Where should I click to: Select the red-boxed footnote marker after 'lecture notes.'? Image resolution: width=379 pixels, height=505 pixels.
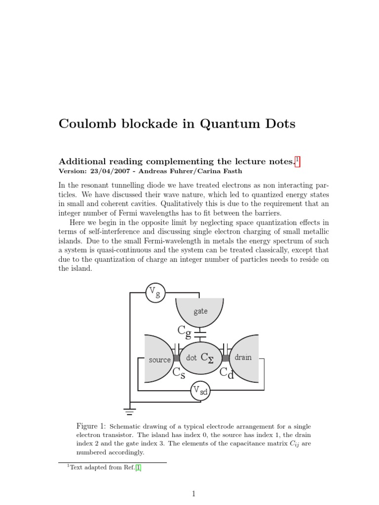(298, 161)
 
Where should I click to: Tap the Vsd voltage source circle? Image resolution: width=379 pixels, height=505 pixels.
(200, 391)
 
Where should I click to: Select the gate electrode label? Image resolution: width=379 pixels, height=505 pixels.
(200, 311)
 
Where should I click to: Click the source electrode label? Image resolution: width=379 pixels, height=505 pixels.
(159, 360)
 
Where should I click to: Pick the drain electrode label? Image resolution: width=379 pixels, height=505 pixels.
(243, 357)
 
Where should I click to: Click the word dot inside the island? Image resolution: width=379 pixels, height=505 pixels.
(191, 358)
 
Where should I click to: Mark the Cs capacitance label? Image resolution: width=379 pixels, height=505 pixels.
(179, 373)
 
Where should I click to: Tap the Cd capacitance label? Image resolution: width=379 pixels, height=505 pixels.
(227, 373)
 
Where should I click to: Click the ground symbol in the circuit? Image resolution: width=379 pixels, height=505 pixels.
(130, 409)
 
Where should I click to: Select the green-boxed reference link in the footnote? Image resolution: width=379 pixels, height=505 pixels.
(139, 469)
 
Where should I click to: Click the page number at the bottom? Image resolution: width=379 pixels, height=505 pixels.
(194, 493)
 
